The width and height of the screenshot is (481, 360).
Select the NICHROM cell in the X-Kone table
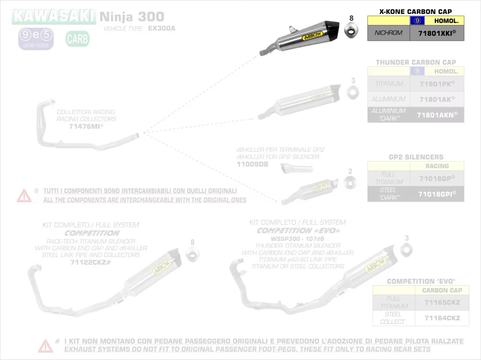coord(388,33)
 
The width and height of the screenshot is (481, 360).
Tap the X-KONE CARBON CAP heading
coord(416,12)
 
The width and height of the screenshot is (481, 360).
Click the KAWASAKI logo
coord(54,17)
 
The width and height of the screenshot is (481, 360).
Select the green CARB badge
coord(77,39)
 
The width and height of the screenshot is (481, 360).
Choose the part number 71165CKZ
coord(442,303)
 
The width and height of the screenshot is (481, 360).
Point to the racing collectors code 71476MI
coord(85,126)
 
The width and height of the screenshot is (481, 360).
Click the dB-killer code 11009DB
coord(253,164)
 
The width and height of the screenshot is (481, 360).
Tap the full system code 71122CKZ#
coord(91,262)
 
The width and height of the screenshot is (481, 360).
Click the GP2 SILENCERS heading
coord(416,157)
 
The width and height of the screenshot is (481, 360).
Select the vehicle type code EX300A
coord(162,28)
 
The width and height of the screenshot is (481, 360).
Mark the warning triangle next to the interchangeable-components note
coord(24,196)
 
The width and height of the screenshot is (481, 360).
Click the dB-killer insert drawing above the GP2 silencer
coord(297,168)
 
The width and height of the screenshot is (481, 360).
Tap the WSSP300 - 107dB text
coord(297,239)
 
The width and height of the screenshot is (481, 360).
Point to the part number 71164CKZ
coord(442,318)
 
